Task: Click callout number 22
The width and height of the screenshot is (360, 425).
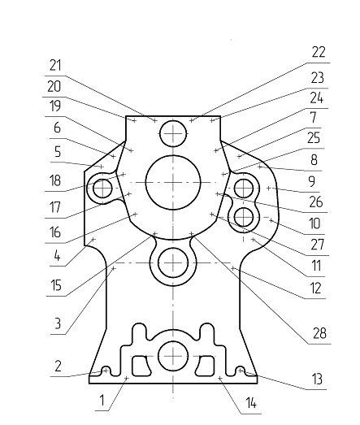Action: click(319, 52)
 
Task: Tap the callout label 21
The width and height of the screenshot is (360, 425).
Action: click(55, 65)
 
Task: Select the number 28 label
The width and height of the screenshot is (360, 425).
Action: click(319, 333)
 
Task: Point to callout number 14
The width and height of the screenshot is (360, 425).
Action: click(251, 403)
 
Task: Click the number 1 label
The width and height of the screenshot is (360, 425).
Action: click(102, 401)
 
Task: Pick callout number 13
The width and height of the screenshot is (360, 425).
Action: click(317, 379)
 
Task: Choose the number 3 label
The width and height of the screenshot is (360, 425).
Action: click(58, 323)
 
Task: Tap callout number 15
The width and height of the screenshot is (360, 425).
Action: click(56, 285)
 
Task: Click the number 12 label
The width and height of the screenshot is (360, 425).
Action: click(315, 288)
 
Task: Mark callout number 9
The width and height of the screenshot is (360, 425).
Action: click(312, 181)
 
